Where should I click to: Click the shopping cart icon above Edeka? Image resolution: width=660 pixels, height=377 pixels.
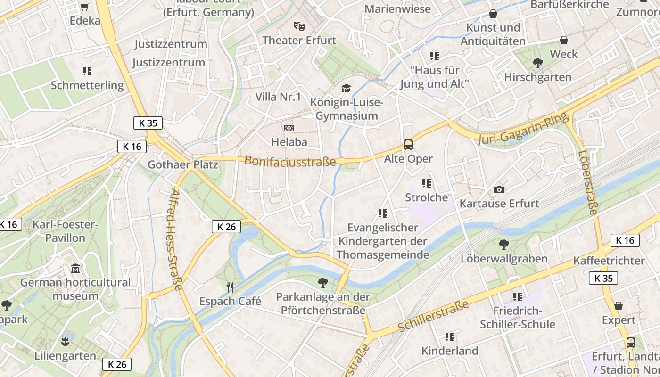pyautogui.click(x=84, y=7)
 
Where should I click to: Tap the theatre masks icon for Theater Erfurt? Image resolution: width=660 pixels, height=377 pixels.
pyautogui.click(x=299, y=26)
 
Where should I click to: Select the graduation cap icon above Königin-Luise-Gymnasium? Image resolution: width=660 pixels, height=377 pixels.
pyautogui.click(x=346, y=88)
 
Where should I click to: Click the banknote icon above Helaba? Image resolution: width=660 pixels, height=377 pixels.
pyautogui.click(x=289, y=128)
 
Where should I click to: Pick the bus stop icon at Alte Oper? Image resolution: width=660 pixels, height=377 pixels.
pyautogui.click(x=408, y=145)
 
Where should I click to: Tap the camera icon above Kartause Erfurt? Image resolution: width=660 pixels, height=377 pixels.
pyautogui.click(x=499, y=189)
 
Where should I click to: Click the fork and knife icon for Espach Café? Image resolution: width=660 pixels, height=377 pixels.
pyautogui.click(x=230, y=287)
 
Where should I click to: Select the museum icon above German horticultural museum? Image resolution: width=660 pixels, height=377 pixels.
pyautogui.click(x=75, y=269)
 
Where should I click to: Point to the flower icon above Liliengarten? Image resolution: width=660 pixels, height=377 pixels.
pyautogui.click(x=66, y=341)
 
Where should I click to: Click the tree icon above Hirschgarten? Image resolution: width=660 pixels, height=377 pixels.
pyautogui.click(x=537, y=63)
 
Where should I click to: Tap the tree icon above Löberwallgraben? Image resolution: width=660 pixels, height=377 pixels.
pyautogui.click(x=503, y=244)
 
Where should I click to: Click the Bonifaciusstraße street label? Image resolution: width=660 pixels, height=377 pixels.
pyautogui.click(x=290, y=161)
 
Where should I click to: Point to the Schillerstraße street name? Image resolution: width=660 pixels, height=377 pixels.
pyautogui.click(x=433, y=315)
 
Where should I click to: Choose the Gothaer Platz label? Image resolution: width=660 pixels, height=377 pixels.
pyautogui.click(x=183, y=164)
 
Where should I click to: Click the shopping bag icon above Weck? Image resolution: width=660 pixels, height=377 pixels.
pyautogui.click(x=563, y=40)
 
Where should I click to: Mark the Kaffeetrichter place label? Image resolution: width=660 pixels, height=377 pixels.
pyautogui.click(x=609, y=261)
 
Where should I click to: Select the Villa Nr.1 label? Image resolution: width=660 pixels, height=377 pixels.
pyautogui.click(x=278, y=97)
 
